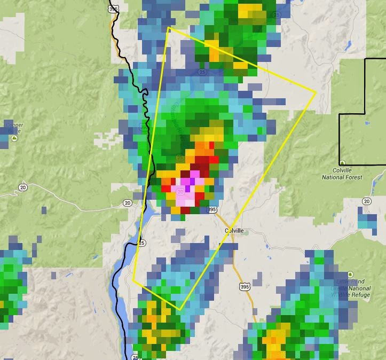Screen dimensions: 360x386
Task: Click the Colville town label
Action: point(234,230)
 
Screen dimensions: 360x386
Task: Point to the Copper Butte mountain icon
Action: point(14,138)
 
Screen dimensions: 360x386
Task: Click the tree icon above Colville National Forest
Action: point(342,163)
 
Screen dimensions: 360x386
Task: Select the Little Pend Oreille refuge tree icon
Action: point(350,274)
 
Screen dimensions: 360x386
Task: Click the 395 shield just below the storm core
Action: point(212,210)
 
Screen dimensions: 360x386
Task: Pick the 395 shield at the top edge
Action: point(113,9)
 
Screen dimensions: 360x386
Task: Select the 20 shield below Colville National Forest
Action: point(366,201)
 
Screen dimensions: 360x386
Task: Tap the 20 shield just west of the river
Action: point(127,202)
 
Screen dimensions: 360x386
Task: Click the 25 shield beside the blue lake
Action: point(141,243)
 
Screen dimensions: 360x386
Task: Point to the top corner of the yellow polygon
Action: point(169,27)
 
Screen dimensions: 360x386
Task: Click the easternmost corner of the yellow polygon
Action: point(316,92)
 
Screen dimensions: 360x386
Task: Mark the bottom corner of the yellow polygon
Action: point(180,310)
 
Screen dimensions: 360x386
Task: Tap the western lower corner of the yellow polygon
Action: point(133,279)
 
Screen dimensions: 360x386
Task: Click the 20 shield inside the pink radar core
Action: point(181,191)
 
